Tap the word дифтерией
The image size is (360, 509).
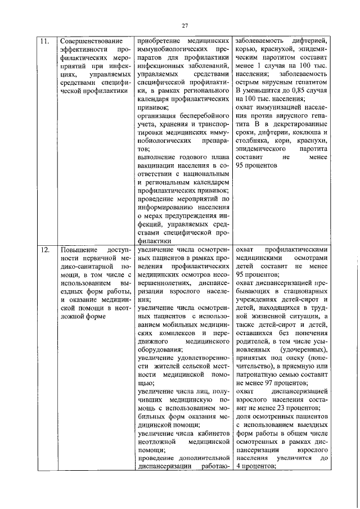coord(318,41)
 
